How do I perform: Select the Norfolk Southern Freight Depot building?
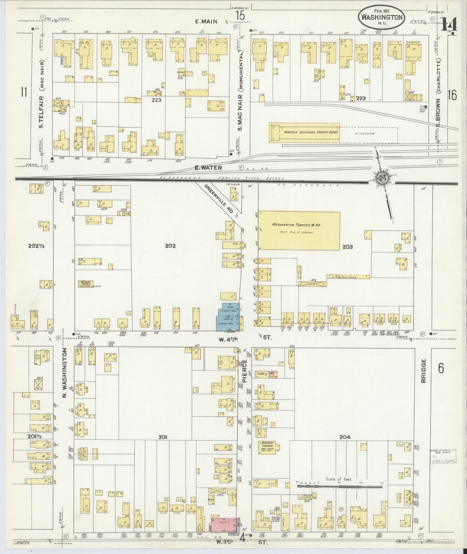304,132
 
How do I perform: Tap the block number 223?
156,100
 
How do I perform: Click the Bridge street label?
424,371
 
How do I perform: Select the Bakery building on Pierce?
262,374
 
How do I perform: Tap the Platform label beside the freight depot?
365,133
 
